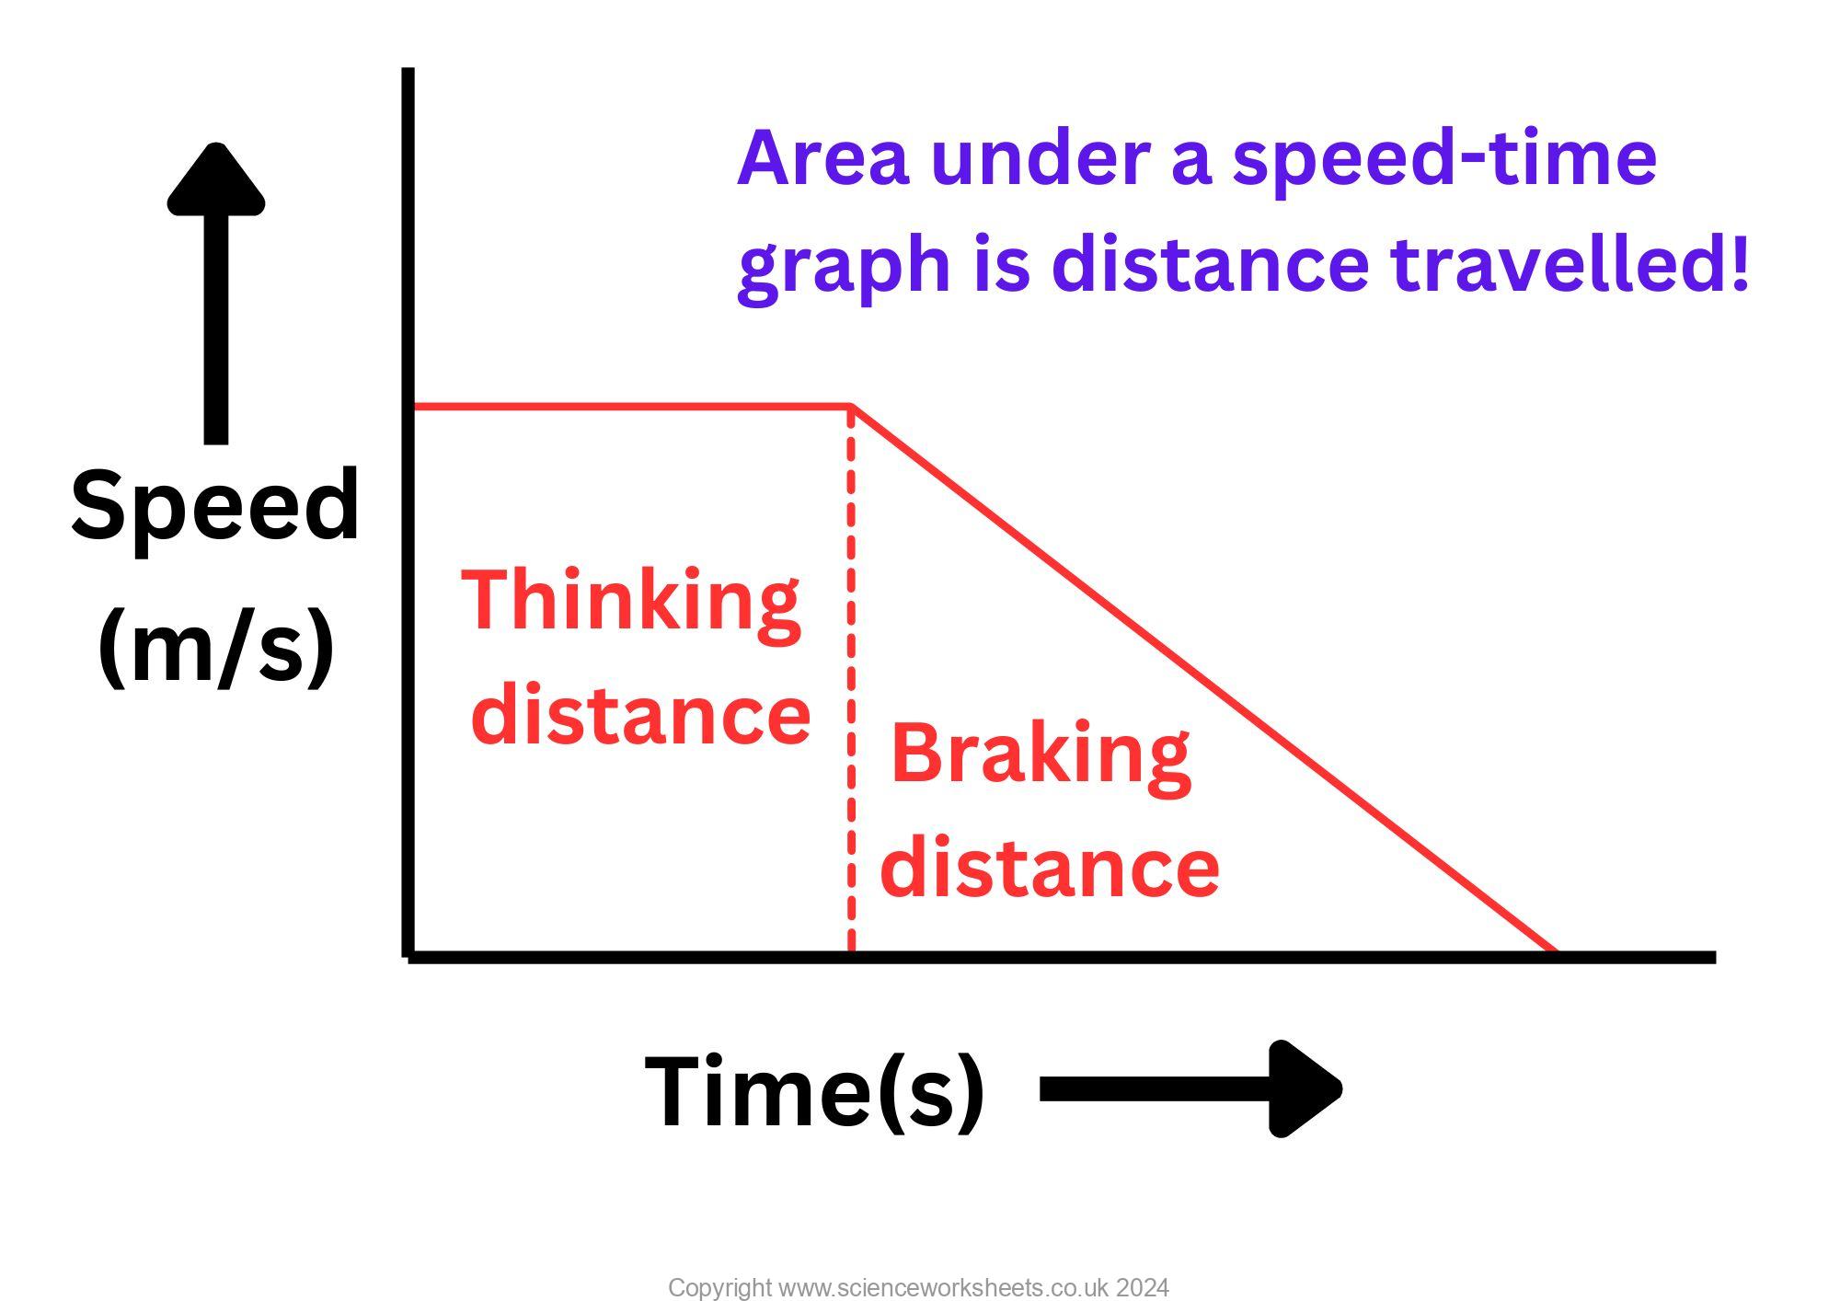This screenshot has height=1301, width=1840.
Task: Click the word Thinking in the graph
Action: coord(630,600)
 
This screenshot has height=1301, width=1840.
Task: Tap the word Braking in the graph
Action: coord(1041,754)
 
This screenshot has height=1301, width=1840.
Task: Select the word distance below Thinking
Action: coord(641,715)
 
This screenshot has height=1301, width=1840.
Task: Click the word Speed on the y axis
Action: coord(214,506)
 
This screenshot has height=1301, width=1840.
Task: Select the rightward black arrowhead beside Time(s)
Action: coord(1302,1089)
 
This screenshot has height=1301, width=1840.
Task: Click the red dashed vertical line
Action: coord(851,681)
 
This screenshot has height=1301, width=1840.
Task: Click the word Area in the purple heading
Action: coord(822,158)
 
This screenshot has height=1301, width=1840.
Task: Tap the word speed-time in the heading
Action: coord(1444,158)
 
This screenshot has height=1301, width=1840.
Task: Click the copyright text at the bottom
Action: coord(918,1287)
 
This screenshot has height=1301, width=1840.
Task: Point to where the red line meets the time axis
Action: coord(1555,951)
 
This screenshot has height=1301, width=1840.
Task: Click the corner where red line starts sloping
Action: coord(852,407)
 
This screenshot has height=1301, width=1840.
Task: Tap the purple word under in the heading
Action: coord(1041,158)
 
